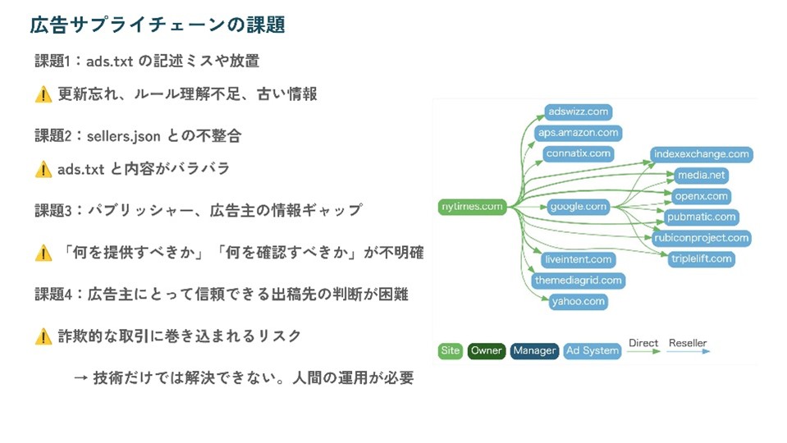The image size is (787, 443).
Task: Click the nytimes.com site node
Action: pyautogui.click(x=472, y=207)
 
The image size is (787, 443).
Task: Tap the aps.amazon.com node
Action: pyautogui.click(x=579, y=133)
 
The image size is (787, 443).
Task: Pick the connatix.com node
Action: pyautogui.click(x=579, y=153)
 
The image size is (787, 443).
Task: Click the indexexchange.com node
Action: pyautogui.click(x=702, y=154)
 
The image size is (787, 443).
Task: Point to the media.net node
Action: pyautogui.click(x=701, y=176)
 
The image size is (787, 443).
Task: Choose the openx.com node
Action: pyautogui.click(x=701, y=196)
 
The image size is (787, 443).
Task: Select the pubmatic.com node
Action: pyautogui.click(x=702, y=217)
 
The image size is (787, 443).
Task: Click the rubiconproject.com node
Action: pyautogui.click(x=702, y=238)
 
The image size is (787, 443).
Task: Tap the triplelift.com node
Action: pyautogui.click(x=702, y=259)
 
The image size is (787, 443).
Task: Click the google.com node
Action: pyautogui.click(x=579, y=207)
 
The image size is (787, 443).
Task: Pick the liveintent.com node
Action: pyautogui.click(x=579, y=260)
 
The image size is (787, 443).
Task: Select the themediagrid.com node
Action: pyautogui.click(x=579, y=281)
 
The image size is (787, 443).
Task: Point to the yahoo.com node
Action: pyautogui.click(x=579, y=301)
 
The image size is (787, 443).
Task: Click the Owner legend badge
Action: pyautogui.click(x=487, y=351)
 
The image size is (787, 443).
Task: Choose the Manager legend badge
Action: pyautogui.click(x=534, y=351)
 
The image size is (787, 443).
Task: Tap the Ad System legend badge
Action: pyautogui.click(x=592, y=351)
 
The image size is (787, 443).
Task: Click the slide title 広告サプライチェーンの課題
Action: pyautogui.click(x=158, y=25)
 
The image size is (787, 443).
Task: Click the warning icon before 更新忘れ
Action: pyautogui.click(x=43, y=95)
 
